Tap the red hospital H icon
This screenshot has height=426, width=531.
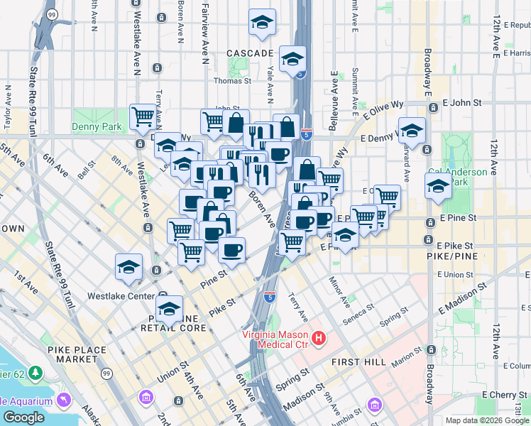click(319, 337)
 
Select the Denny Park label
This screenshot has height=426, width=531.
click(97, 127)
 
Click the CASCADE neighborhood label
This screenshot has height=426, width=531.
click(250, 53)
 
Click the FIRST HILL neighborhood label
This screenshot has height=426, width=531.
click(358, 362)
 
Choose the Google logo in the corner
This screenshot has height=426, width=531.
click(23, 417)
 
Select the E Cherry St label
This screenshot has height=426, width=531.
click(505, 394)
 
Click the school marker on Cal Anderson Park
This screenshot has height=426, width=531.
click(438, 187)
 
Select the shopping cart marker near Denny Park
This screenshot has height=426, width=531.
click(143, 116)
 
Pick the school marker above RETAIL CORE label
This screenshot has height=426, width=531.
click(169, 309)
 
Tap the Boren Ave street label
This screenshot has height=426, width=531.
click(261, 207)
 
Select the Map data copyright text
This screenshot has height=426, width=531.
click(486, 420)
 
